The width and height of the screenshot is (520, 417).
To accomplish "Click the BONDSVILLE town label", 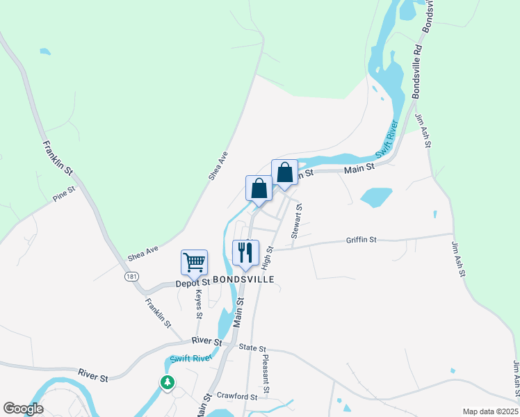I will (x=243, y=279).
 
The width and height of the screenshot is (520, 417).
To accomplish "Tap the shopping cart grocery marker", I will (x=194, y=263).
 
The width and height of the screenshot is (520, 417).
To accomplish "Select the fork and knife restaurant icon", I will (x=245, y=253).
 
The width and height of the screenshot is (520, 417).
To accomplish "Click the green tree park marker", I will (x=167, y=382).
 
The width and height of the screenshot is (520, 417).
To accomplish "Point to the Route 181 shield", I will (x=131, y=277).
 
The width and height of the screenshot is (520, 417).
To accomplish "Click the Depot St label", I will (x=193, y=283).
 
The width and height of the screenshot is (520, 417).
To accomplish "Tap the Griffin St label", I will (x=361, y=240).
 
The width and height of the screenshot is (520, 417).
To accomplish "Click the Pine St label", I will (x=64, y=194).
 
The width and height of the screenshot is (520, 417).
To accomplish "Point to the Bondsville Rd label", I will (x=423, y=38).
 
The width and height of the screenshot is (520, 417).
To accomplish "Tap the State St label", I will (x=252, y=347).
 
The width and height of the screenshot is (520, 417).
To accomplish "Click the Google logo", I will (x=23, y=409).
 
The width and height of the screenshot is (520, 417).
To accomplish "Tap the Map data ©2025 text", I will (x=490, y=411).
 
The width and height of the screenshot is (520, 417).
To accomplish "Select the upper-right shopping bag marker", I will (x=284, y=173).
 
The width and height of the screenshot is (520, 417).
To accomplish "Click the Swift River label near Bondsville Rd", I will (x=387, y=139).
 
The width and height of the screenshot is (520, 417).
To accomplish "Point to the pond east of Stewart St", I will (x=376, y=197).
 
